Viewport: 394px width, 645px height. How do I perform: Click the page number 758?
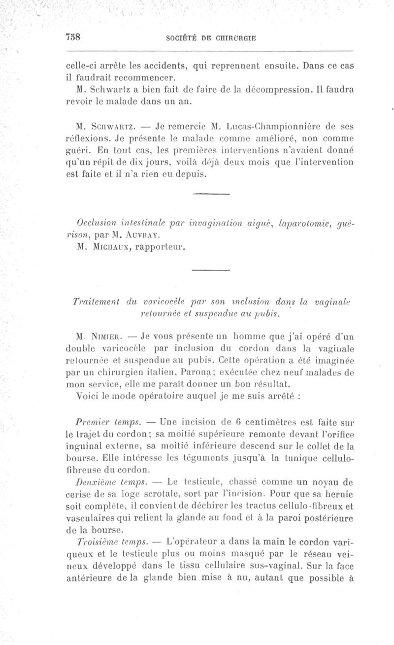click(x=72, y=38)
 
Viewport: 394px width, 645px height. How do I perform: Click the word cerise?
click(x=78, y=493)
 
